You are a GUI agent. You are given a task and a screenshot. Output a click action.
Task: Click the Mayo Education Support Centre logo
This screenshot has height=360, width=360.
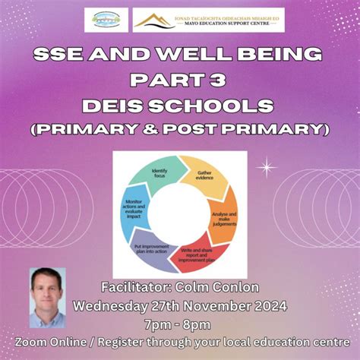click(208, 20)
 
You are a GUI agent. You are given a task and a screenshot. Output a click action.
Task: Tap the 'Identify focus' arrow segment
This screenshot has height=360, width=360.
click(159, 176)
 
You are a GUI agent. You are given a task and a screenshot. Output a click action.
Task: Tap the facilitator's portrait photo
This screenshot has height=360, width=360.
click(46, 296)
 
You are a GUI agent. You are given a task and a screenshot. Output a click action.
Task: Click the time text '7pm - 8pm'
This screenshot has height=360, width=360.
click(180, 325)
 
